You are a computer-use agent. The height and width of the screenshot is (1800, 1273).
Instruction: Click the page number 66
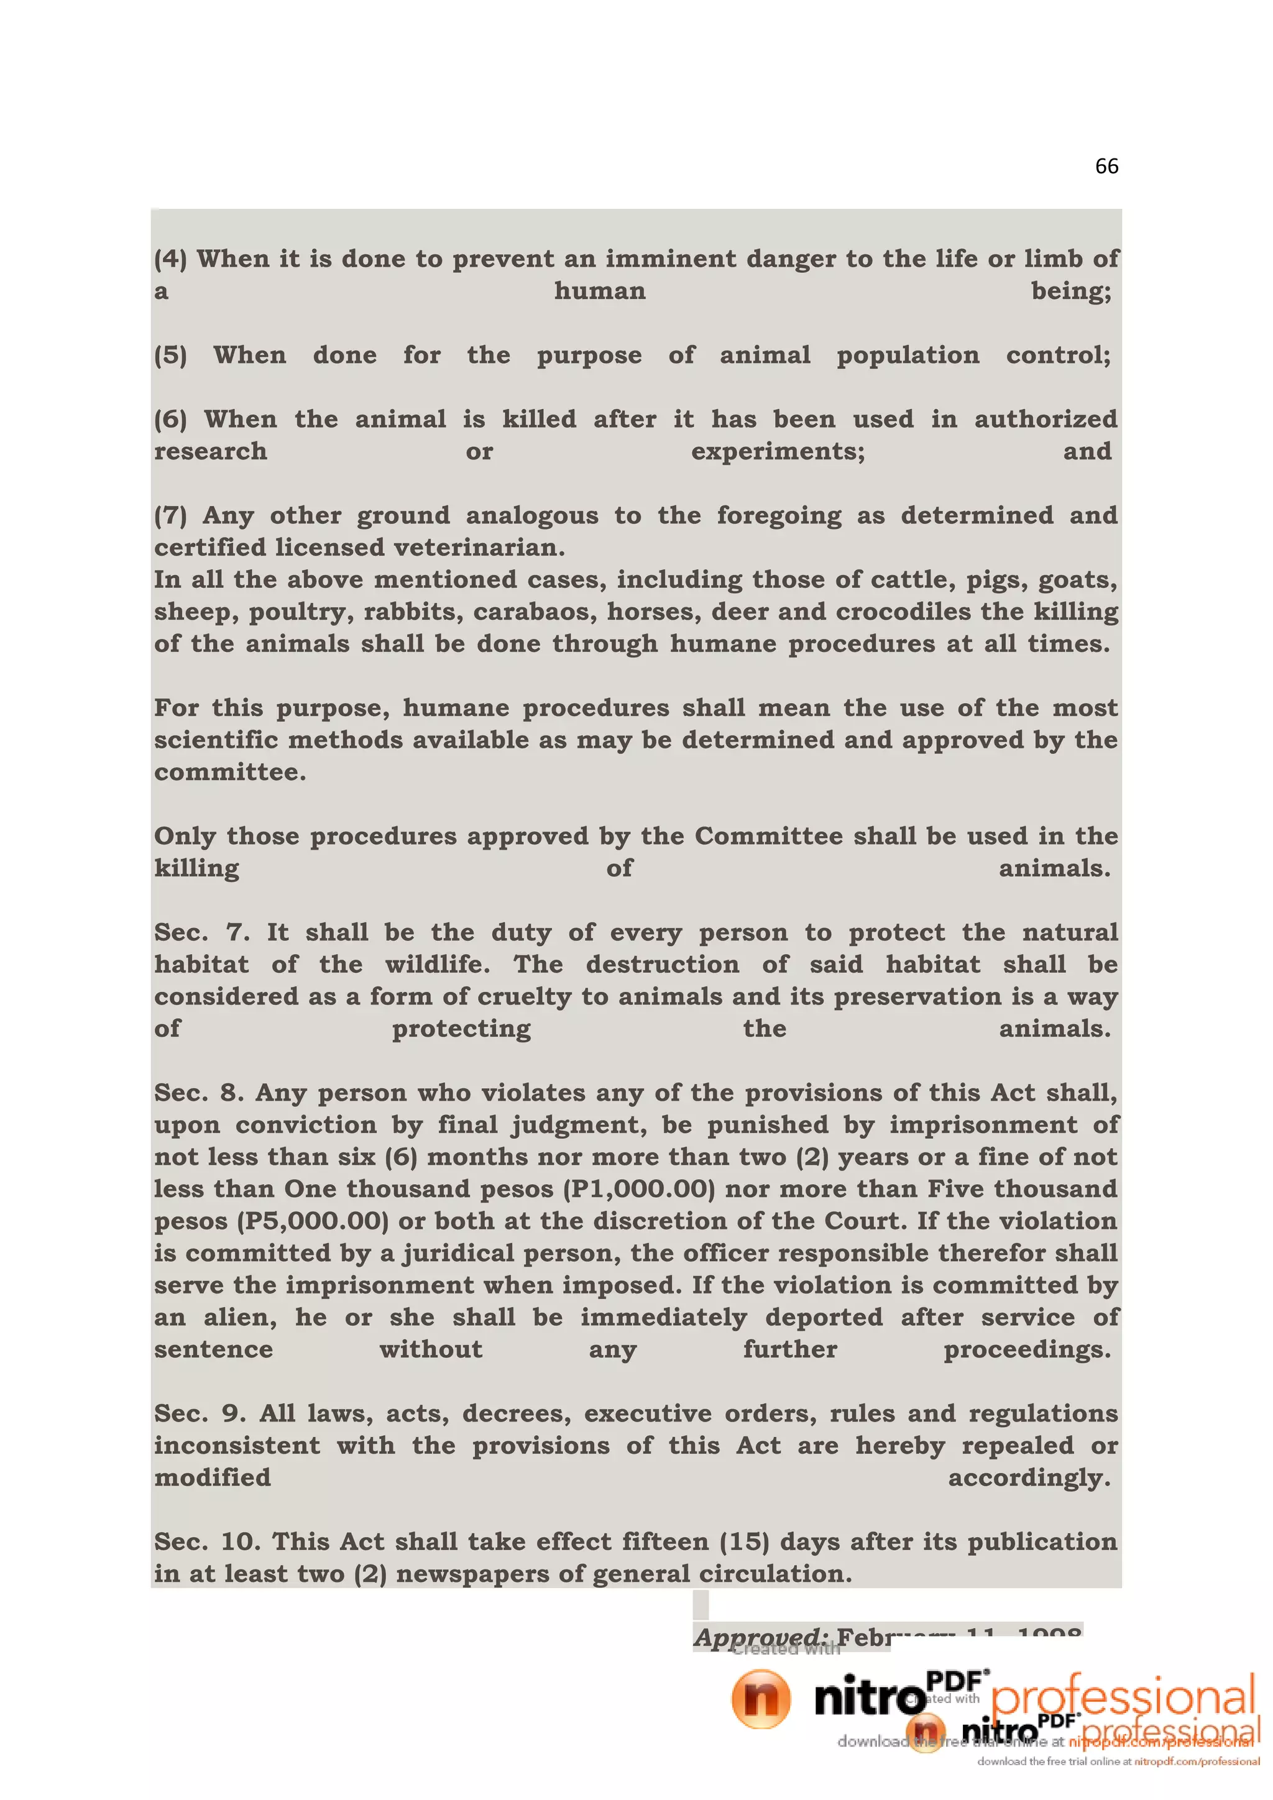1106,166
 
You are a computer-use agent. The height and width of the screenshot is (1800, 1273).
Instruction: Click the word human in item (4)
600,292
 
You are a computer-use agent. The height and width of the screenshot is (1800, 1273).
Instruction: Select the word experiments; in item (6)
778,452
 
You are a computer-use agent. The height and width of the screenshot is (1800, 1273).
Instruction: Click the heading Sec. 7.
201,933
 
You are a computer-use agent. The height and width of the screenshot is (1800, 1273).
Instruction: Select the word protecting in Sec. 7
461,1029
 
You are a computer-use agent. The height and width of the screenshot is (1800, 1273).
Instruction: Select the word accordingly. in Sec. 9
1029,1478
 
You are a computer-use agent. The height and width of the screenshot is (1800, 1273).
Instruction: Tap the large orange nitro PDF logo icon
760,1700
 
